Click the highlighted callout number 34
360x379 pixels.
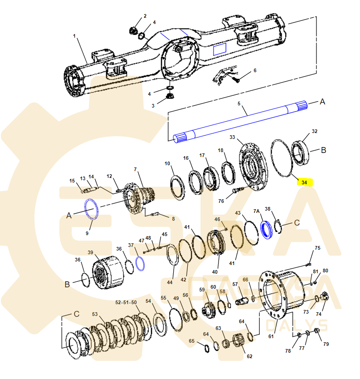click(304, 182)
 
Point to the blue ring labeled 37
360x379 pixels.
click(140, 263)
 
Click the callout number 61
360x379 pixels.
click(271, 336)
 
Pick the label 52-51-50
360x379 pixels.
click(126, 302)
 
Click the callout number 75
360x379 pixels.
click(317, 248)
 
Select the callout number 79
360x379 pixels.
click(326, 344)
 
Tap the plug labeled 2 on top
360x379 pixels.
click(134, 31)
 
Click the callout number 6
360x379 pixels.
click(255, 70)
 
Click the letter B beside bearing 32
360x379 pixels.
click(323, 150)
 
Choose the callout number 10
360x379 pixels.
click(167, 163)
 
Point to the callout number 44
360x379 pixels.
click(169, 282)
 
